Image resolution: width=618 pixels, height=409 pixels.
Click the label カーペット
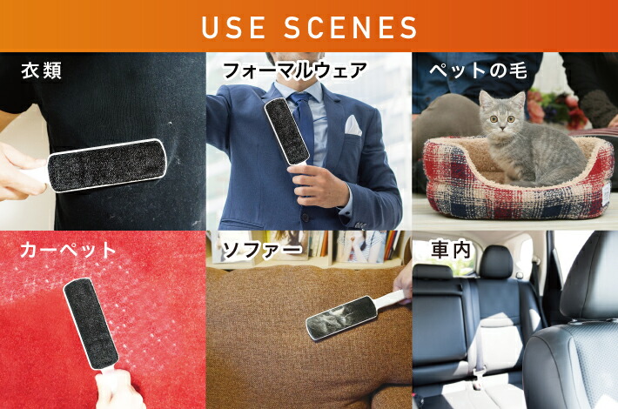(69, 251)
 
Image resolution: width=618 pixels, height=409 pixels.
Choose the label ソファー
(262, 251)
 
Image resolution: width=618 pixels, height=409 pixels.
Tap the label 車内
(451, 251)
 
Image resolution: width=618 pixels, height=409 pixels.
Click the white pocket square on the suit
(353, 125)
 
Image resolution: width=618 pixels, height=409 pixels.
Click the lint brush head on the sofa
(341, 317)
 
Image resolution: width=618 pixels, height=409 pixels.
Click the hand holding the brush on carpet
(118, 392)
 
